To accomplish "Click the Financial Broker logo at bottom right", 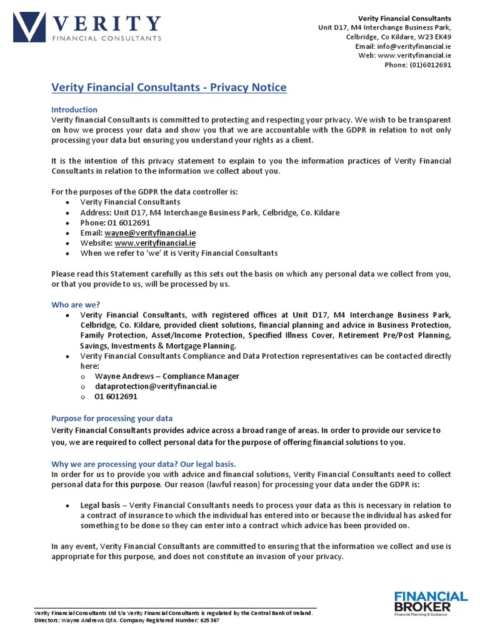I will pyautogui.click(x=430, y=603).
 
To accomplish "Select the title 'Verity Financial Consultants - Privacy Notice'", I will pyautogui.click(x=168, y=87).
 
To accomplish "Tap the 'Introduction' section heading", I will pyautogui.click(x=74, y=109).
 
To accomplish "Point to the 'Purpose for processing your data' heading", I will pyautogui.click(x=112, y=418).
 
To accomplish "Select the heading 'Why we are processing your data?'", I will pyautogui.click(x=143, y=464).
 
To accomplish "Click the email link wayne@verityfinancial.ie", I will pyautogui.click(x=150, y=232).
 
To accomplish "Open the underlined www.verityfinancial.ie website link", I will pyautogui.click(x=155, y=242).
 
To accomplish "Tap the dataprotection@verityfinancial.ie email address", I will pyautogui.click(x=156, y=386).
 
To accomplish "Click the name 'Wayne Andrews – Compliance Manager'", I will pyautogui.click(x=167, y=376).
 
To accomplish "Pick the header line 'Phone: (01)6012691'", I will pyautogui.click(x=417, y=64).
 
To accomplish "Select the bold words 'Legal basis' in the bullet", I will pyautogui.click(x=99, y=505).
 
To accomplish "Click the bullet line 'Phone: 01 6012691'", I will pyautogui.click(x=115, y=222).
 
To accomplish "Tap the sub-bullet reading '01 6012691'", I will pyautogui.click(x=116, y=396).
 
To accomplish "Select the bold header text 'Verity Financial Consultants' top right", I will pyautogui.click(x=404, y=18).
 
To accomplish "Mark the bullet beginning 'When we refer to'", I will pyautogui.click(x=179, y=253).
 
